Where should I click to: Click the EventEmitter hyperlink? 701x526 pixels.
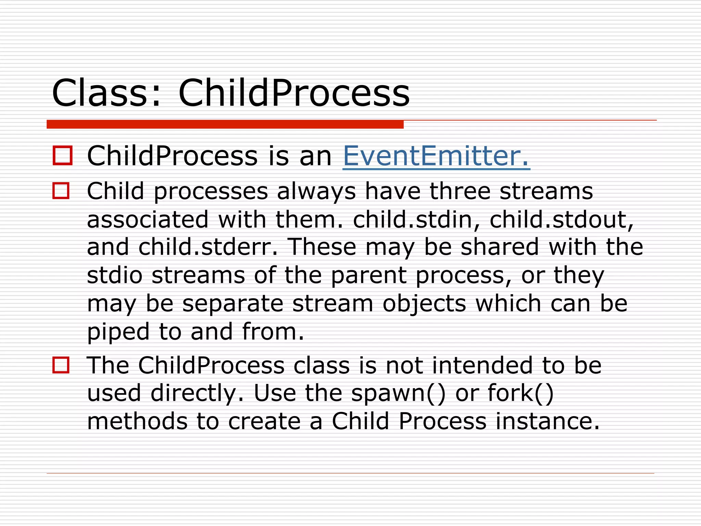(436, 156)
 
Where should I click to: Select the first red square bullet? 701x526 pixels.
(63, 155)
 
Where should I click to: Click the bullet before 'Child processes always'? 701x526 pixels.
(61, 190)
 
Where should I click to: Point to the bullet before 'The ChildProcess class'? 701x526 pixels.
(61, 365)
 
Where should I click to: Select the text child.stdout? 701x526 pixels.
(561, 220)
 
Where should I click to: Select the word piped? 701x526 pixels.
(118, 332)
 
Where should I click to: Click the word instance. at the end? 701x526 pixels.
(548, 421)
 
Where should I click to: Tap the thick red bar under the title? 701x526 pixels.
(225, 124)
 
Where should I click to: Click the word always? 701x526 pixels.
(316, 192)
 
